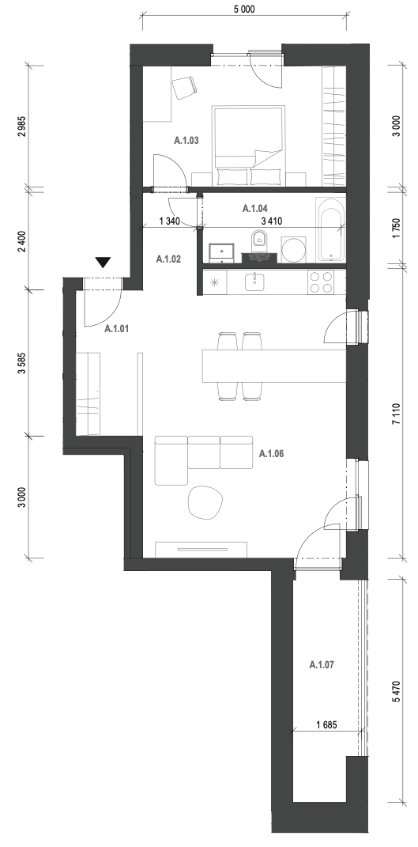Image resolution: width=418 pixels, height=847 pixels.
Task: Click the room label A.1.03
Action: (x=186, y=141)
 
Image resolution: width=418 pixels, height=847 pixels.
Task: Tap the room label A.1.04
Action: (x=255, y=208)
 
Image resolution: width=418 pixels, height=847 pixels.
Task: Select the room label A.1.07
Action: (x=322, y=664)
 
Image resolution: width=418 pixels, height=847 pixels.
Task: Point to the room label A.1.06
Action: (x=271, y=454)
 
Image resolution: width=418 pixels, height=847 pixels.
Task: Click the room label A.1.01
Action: (x=117, y=328)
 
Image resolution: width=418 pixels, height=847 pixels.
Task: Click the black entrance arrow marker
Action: (x=103, y=263)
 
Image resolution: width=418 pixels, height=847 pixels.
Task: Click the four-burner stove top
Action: (x=321, y=282)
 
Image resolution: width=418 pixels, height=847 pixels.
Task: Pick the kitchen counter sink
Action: (x=254, y=282)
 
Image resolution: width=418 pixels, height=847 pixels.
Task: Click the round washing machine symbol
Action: (x=294, y=250)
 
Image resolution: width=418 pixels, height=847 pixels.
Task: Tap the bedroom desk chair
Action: (x=184, y=88)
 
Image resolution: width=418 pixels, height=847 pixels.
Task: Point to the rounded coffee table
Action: (x=205, y=502)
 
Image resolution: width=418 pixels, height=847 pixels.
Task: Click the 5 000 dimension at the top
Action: (x=243, y=9)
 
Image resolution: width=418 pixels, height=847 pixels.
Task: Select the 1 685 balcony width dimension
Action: (x=326, y=725)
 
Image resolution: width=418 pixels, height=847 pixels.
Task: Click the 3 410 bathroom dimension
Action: (x=272, y=221)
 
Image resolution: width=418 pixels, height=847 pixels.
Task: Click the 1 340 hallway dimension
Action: (x=170, y=221)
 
